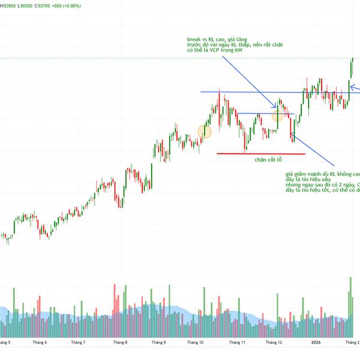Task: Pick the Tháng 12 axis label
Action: [274, 343]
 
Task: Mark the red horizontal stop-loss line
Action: [260, 154]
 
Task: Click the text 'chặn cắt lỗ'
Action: [268, 160]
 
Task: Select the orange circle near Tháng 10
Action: [205, 131]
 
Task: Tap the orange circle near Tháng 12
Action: [278, 116]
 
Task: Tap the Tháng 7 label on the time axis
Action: [78, 343]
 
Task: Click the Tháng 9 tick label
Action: [158, 343]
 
